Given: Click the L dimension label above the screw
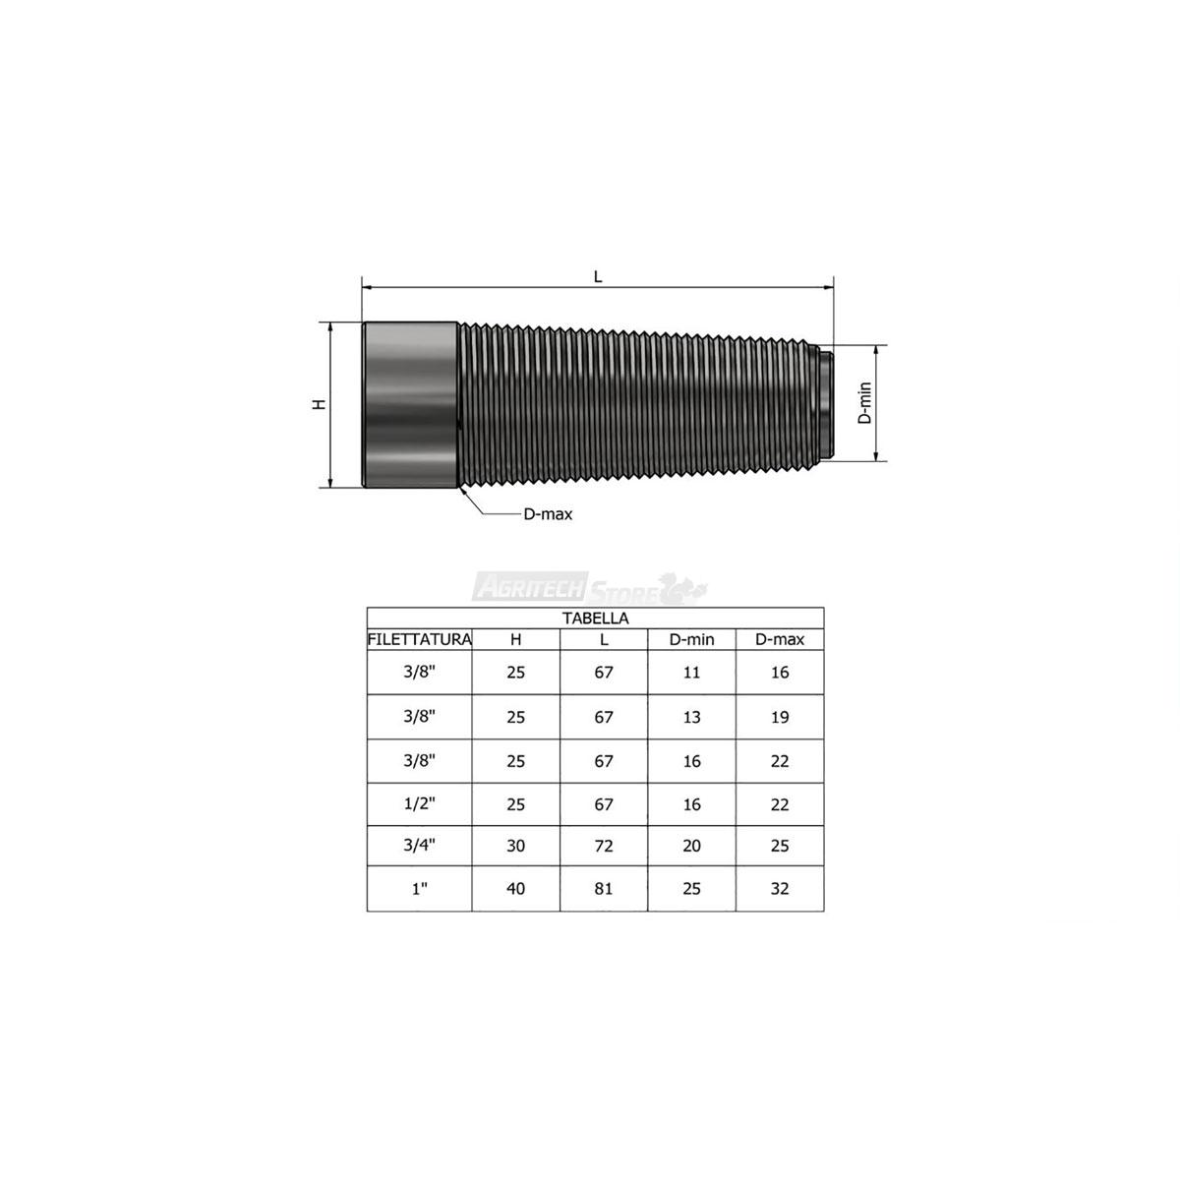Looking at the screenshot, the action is pyautogui.click(x=598, y=276).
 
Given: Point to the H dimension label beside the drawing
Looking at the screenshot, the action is pyautogui.click(x=319, y=404).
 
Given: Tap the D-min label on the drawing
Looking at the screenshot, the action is pyautogui.click(x=864, y=403).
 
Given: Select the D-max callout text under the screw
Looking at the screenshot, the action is pyautogui.click(x=548, y=514).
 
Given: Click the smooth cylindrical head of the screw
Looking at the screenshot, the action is pyautogui.click(x=410, y=405).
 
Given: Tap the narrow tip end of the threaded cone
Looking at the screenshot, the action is pyautogui.click(x=826, y=403).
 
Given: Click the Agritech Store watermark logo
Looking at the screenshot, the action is pyautogui.click(x=589, y=588).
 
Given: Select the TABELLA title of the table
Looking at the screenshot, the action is pyautogui.click(x=595, y=618).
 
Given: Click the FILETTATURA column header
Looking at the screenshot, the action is pyautogui.click(x=420, y=639).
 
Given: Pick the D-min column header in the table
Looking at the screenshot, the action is pyautogui.click(x=691, y=639).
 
